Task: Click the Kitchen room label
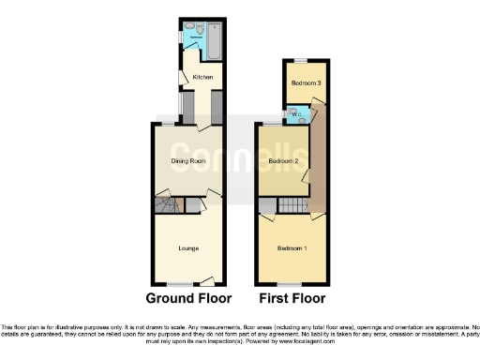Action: coord(202,77)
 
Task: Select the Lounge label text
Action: coord(188,248)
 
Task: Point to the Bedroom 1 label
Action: coord(292,248)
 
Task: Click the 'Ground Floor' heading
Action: coord(187,299)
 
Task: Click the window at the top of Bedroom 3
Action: coord(298,61)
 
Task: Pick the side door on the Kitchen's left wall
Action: coord(182,80)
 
